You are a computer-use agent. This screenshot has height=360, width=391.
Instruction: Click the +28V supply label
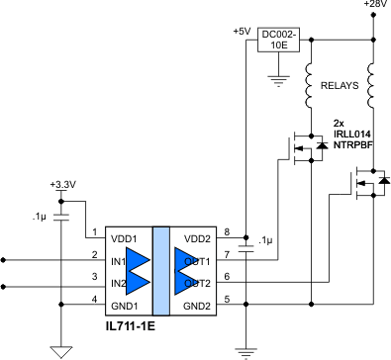coord(375,5)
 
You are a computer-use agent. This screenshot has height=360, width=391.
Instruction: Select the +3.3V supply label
coord(61,185)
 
